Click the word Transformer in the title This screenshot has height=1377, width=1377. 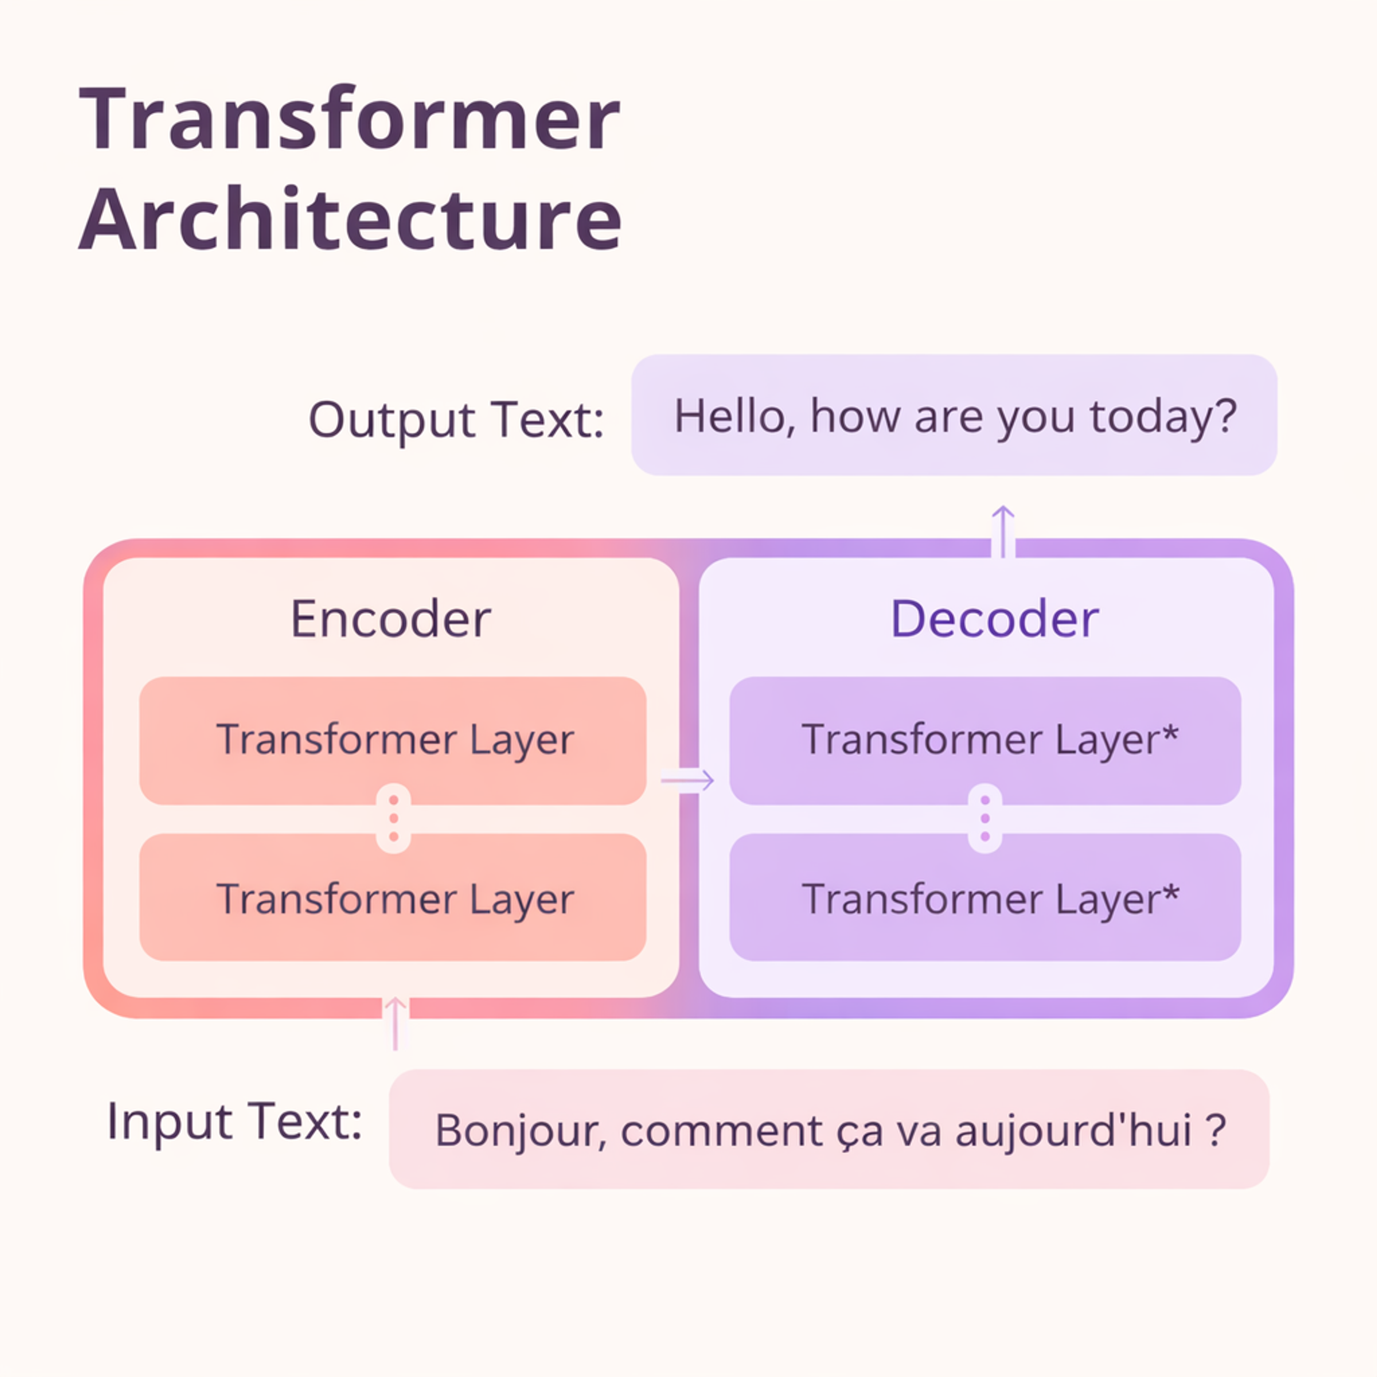tap(349, 120)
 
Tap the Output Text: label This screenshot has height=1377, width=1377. tap(456, 419)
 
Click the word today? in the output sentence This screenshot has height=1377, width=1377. tap(1163, 416)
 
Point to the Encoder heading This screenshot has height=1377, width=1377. tap(391, 619)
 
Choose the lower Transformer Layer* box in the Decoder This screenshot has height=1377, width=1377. tap(985, 898)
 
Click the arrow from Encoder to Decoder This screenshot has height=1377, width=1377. tap(687, 780)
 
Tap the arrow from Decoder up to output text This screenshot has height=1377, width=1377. tap(1003, 531)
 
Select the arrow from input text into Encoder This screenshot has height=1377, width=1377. tap(395, 1023)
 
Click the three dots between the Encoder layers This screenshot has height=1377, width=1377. tap(393, 818)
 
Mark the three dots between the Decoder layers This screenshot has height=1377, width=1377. tap(985, 818)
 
